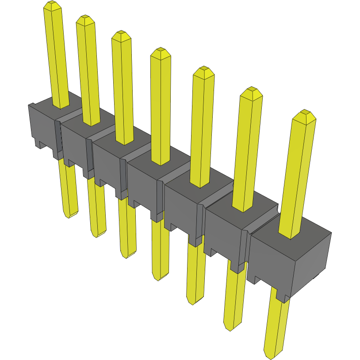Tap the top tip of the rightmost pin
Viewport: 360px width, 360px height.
coord(305,113)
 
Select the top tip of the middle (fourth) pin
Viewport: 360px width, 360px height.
coord(161,51)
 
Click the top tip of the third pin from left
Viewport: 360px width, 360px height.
coord(121,34)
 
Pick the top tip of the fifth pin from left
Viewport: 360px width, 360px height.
coord(204,70)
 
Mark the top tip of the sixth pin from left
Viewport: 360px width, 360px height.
coord(251,90)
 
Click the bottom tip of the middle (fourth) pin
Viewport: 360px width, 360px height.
coord(157,278)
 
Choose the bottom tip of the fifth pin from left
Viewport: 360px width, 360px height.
coord(192,303)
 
